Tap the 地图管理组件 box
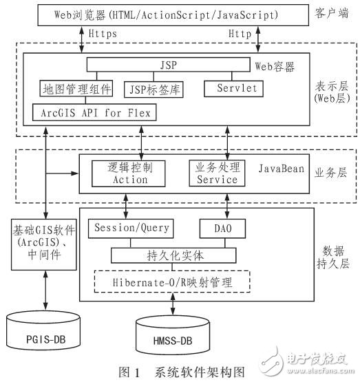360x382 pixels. [71, 87]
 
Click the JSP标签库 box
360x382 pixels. [156, 89]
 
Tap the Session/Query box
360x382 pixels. [131, 228]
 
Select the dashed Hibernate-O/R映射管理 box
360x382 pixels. [173, 282]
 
